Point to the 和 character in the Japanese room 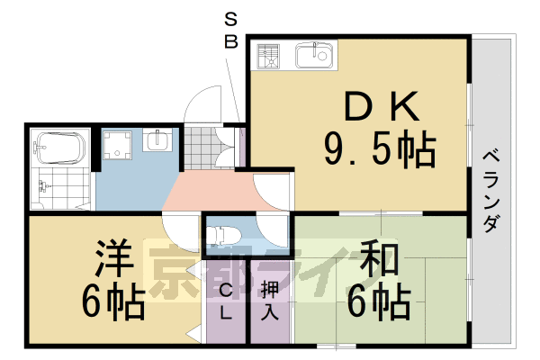click(x=383, y=261)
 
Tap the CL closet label click(x=225, y=304)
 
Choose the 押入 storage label click(x=269, y=302)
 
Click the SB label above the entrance click(x=232, y=31)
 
